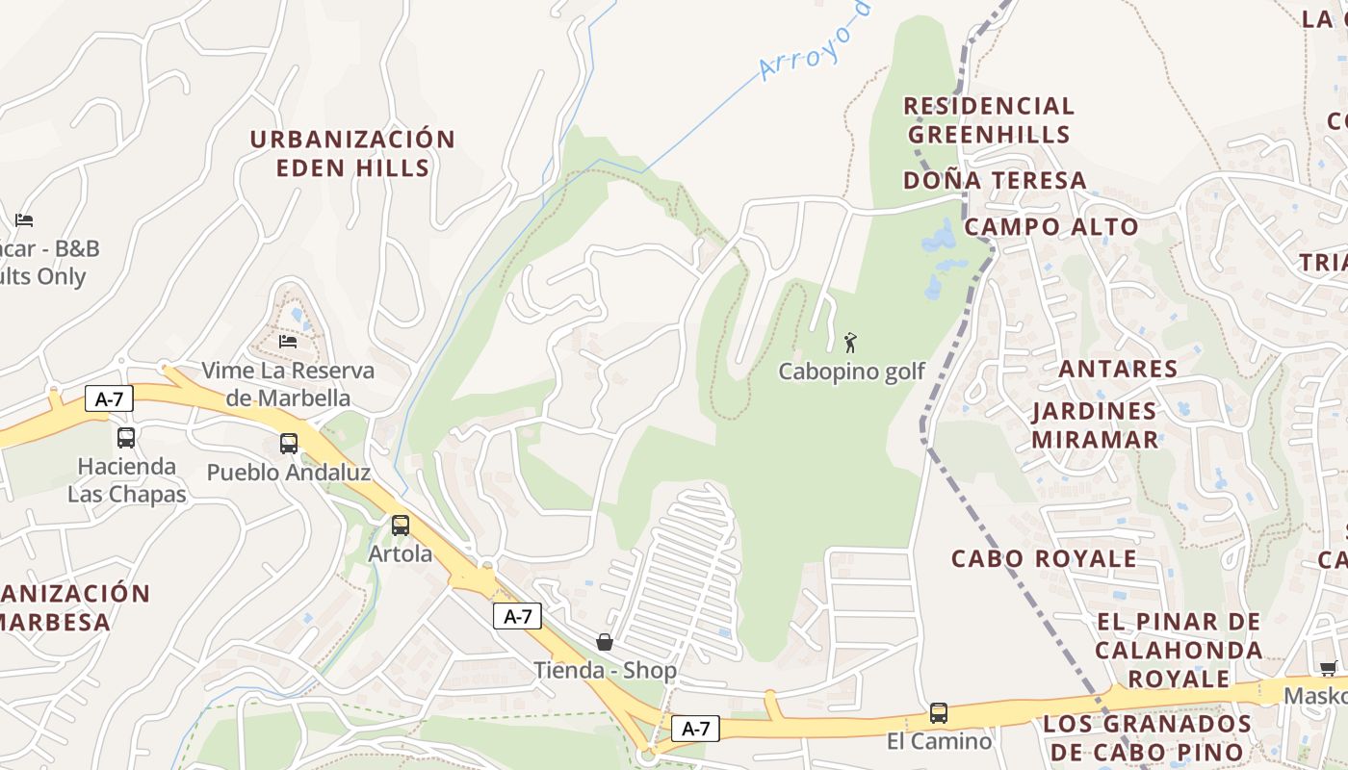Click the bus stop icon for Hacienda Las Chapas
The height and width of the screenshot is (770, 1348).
pyautogui.click(x=126, y=438)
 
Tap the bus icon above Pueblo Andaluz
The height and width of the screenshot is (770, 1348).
pyautogui.click(x=289, y=444)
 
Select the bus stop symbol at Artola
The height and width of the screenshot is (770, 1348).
pyautogui.click(x=401, y=526)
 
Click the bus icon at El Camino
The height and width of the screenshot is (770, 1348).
pyautogui.click(x=939, y=713)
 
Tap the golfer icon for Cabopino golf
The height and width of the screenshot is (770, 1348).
pyautogui.click(x=850, y=343)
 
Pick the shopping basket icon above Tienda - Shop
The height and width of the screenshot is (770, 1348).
pyautogui.click(x=605, y=642)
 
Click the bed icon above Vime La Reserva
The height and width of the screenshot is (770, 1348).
pyautogui.click(x=287, y=341)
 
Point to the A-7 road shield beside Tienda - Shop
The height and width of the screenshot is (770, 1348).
pyautogui.click(x=518, y=617)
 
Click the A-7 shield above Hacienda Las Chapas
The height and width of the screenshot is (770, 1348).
pyautogui.click(x=109, y=398)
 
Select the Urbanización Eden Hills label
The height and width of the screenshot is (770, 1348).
pyautogui.click(x=352, y=154)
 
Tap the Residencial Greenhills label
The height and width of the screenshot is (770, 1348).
pyautogui.click(x=989, y=120)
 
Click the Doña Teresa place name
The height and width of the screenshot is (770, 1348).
pyautogui.click(x=995, y=181)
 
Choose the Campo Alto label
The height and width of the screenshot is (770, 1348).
pyautogui.click(x=1051, y=227)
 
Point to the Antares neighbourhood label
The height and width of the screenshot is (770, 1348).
pyautogui.click(x=1118, y=369)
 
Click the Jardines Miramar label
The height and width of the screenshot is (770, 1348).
pyautogui.click(x=1095, y=425)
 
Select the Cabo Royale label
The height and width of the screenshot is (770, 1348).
pyautogui.click(x=1044, y=559)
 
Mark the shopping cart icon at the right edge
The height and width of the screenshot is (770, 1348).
pyautogui.click(x=1328, y=668)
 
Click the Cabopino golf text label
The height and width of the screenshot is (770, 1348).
pyautogui.click(x=851, y=372)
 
